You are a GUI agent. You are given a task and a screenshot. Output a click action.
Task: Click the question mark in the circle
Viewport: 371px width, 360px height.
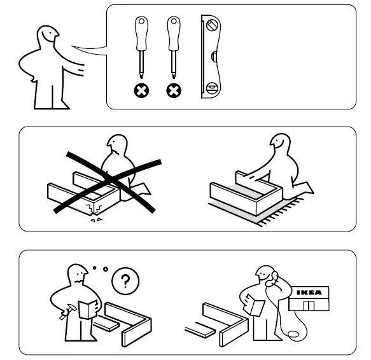125,280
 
